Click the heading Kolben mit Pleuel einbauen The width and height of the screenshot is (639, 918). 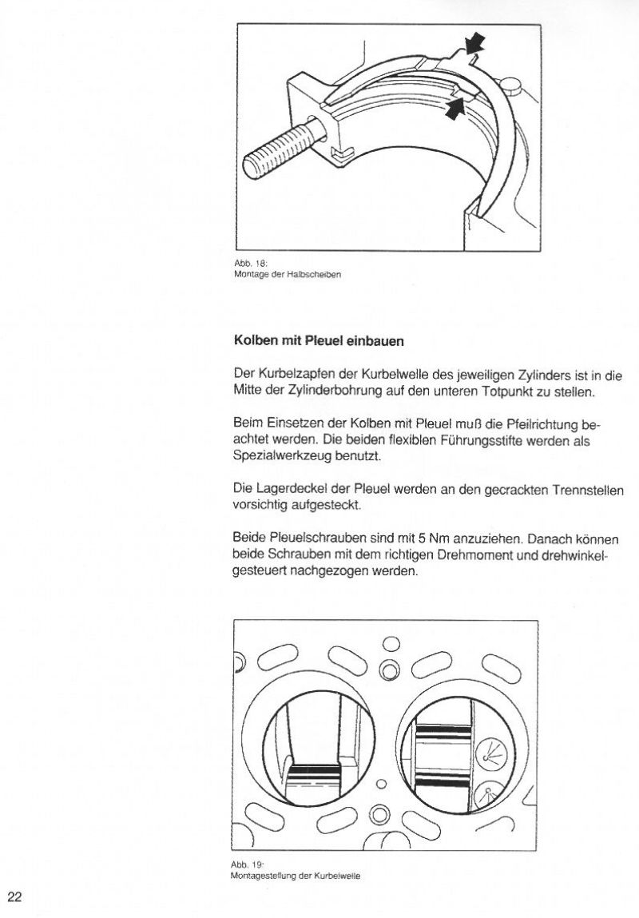(x=319, y=340)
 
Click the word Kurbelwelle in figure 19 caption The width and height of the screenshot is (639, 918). (x=340, y=876)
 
